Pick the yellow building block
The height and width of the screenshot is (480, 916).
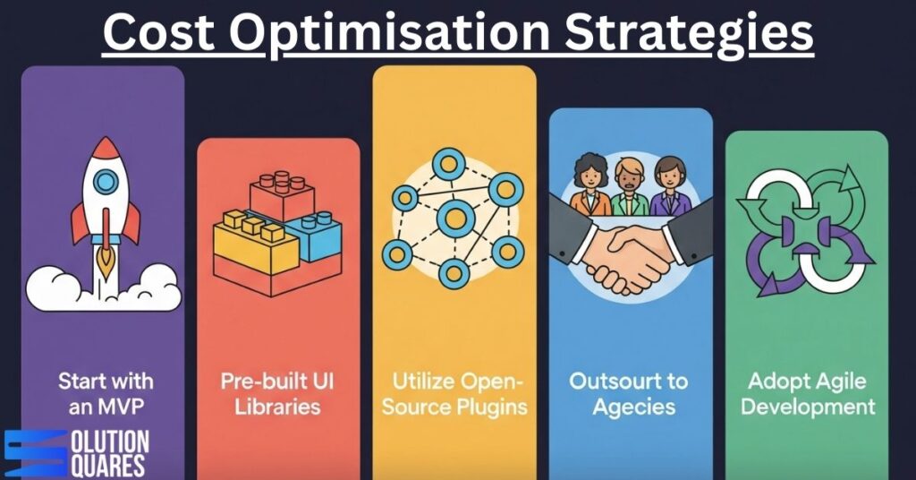tap(255, 240)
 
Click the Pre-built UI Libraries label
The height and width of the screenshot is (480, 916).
tap(278, 393)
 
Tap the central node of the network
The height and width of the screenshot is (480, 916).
tap(455, 218)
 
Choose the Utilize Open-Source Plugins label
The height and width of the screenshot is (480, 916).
tap(454, 393)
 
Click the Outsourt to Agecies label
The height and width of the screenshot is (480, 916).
tap(630, 393)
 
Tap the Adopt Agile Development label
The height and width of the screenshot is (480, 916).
tap(807, 393)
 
